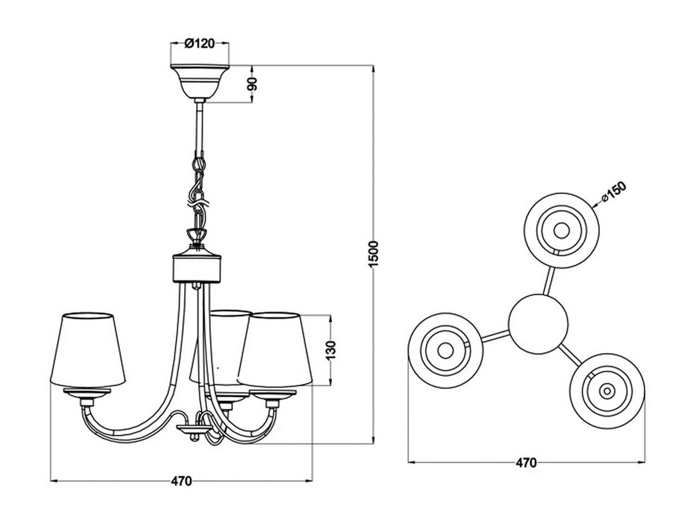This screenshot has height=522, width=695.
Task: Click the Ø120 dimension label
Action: point(199,43)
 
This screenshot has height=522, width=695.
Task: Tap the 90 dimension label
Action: point(253,84)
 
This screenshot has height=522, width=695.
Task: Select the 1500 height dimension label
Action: point(374,255)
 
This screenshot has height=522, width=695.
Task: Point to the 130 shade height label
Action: point(330,351)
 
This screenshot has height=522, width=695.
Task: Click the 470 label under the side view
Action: point(181,481)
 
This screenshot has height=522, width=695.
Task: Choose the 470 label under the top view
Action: point(526,463)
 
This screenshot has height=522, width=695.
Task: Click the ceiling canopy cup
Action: point(199,82)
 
